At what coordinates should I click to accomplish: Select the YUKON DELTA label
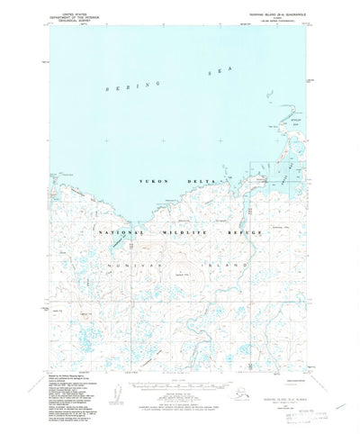pos(166,182)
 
